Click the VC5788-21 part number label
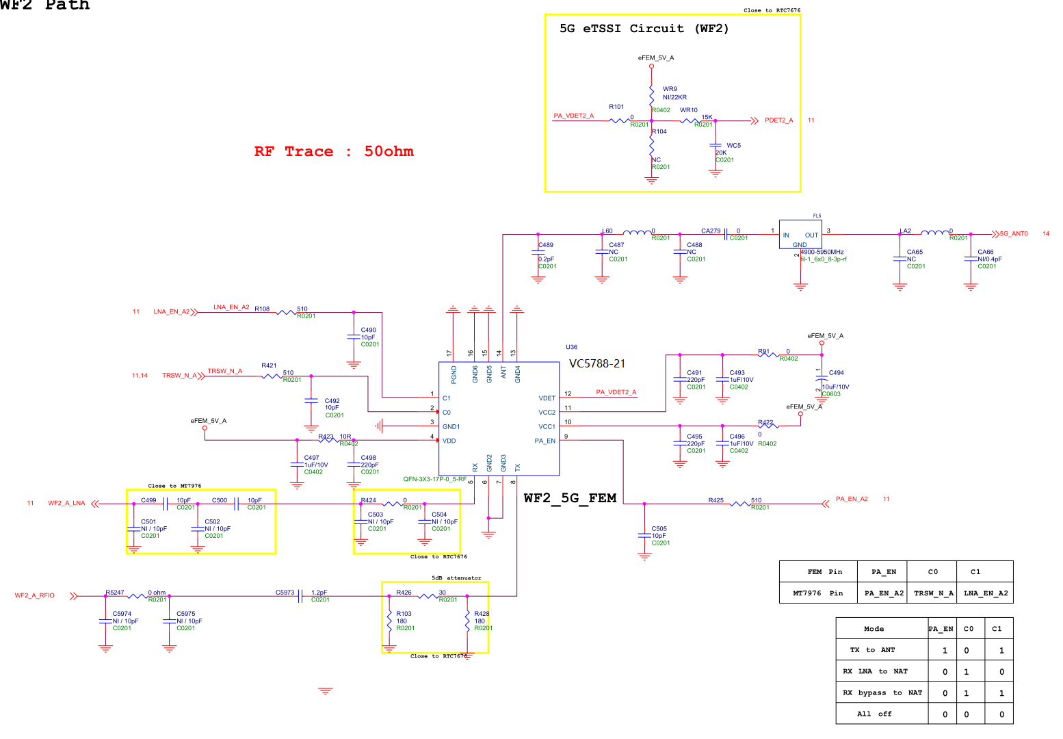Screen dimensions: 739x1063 point(597,363)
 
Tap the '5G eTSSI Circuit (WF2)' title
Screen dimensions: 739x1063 point(644,29)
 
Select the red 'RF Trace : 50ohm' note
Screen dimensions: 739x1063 point(334,151)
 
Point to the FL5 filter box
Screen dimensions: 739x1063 point(800,235)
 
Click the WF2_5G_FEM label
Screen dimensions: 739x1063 point(570,498)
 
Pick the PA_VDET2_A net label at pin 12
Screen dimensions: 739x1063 point(616,392)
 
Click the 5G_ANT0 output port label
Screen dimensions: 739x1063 point(1014,234)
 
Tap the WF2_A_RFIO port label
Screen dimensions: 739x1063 point(35,595)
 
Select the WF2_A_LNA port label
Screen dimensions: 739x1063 point(66,504)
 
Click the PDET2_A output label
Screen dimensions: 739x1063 point(778,120)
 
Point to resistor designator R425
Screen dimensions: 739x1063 point(716,500)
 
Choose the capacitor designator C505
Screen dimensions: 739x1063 point(659,529)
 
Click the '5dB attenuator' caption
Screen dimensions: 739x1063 point(456,578)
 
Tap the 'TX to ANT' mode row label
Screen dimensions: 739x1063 point(872,650)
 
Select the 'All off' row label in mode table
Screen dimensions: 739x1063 point(874,714)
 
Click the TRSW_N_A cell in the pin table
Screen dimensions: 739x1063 point(933,593)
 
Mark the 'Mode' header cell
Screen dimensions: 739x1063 point(874,629)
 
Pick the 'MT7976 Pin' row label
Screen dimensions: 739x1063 point(817,593)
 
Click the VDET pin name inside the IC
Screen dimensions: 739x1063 point(547,398)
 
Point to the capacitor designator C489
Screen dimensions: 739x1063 point(546,245)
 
